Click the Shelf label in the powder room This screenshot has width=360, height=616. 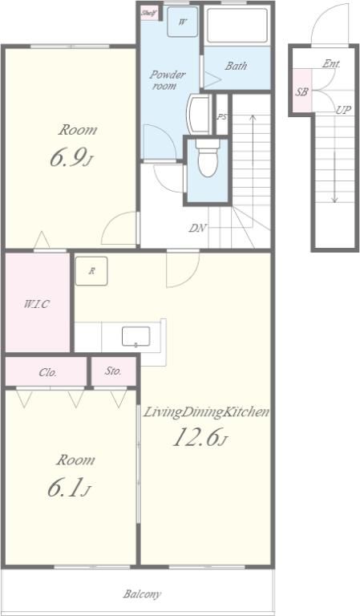tap(149, 14)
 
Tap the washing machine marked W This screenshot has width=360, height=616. tap(182, 22)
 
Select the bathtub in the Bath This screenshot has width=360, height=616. tap(237, 25)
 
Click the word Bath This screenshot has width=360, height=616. tap(236, 66)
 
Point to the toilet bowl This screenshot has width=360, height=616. tap(207, 159)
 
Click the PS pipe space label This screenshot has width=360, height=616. tap(222, 116)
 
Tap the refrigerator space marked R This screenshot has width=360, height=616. tap(91, 270)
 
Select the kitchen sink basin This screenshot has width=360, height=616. tap(136, 337)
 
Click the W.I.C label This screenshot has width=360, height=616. tap(37, 304)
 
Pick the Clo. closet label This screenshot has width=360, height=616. tap(47, 372)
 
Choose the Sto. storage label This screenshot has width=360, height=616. tap(113, 371)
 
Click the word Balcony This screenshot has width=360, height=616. tap(142, 594)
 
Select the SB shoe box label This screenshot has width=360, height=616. tap(302, 92)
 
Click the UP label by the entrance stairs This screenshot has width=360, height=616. tap(343, 111)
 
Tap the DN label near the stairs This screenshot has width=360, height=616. tap(198, 228)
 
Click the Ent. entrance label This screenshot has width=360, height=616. tap(331, 64)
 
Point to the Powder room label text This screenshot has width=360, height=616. tap(168, 79)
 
